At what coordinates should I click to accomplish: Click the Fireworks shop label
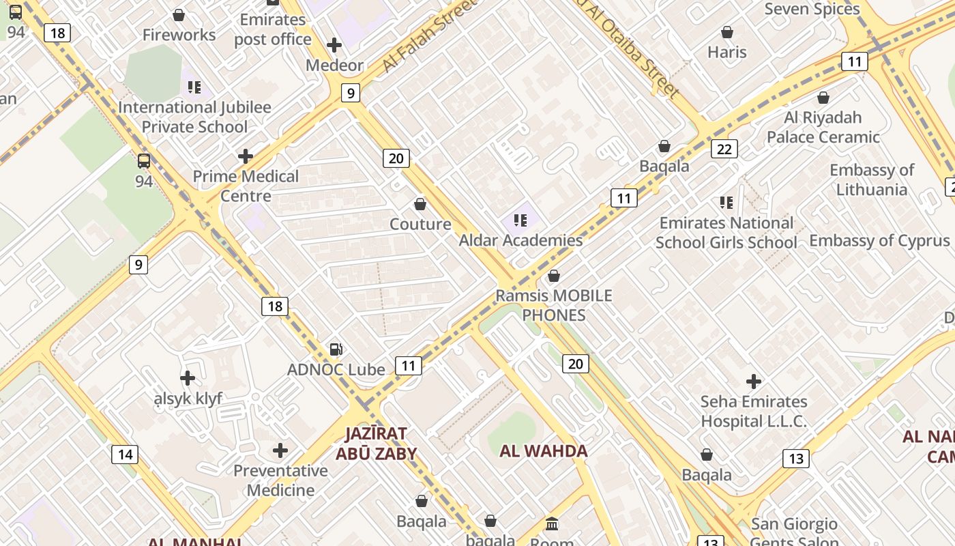(179, 35)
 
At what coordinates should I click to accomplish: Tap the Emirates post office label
(273, 29)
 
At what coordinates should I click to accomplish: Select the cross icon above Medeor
(334, 46)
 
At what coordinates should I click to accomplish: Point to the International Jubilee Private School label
(194, 117)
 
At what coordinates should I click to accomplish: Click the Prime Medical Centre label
(246, 186)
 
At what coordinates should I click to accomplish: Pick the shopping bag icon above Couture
(420, 204)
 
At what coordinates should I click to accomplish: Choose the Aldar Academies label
(520, 240)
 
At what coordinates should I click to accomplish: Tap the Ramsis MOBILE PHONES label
(554, 305)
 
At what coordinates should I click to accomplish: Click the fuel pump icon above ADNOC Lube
(336, 349)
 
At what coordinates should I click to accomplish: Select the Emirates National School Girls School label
(726, 233)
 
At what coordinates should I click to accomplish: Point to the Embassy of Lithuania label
(872, 179)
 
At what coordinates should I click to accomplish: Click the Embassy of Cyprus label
(879, 240)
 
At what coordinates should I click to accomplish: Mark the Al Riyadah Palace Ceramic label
(823, 127)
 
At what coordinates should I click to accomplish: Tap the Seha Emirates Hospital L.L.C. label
(754, 412)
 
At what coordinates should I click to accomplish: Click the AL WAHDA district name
(544, 450)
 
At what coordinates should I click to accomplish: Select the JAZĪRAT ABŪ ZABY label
(376, 444)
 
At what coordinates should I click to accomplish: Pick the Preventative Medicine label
(280, 480)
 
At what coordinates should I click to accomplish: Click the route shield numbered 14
(125, 455)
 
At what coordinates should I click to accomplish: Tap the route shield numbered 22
(724, 149)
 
